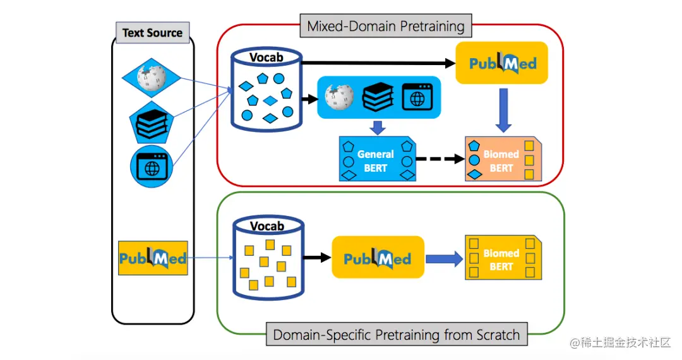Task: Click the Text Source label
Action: coord(152,33)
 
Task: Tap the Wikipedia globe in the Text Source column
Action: coord(151,78)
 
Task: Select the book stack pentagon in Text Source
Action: coord(151,121)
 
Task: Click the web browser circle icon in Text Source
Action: coord(151,167)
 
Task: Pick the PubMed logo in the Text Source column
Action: coord(153,258)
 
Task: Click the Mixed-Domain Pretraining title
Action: coord(385,27)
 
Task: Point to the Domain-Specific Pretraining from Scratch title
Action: coord(396,334)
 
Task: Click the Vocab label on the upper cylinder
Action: coord(266,57)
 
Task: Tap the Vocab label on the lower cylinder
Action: coord(267,225)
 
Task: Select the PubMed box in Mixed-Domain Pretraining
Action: coord(502,63)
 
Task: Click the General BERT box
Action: coord(376,160)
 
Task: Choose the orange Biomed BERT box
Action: coord(503,160)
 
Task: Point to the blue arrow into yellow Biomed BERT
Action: coord(444,259)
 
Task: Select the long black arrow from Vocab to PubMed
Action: coord(379,63)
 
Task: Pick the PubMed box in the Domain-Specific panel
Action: coord(378,258)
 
